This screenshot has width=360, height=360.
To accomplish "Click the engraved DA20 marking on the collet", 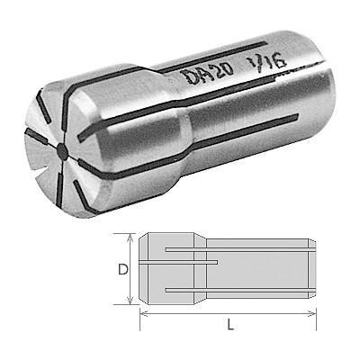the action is click(210, 73).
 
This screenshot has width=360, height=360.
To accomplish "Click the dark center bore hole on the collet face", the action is click(63, 150).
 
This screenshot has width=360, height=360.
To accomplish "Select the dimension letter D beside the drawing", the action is click(123, 269).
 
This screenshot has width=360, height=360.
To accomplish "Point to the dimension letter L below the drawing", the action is click(230, 325).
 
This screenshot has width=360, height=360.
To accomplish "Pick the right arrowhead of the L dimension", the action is click(311, 314).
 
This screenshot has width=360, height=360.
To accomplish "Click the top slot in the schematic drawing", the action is click(240, 249).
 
